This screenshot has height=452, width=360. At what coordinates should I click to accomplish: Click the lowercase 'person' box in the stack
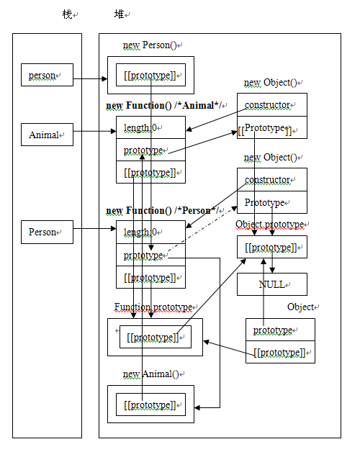(x=47, y=75)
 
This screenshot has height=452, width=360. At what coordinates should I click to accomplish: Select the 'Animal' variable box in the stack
(x=47, y=135)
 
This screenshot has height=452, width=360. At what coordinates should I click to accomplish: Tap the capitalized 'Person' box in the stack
(x=47, y=232)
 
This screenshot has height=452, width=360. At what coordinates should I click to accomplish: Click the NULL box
(x=271, y=284)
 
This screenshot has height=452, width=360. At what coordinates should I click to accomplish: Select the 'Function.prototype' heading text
(x=152, y=307)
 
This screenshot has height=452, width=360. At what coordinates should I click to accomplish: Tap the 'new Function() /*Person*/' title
(x=163, y=210)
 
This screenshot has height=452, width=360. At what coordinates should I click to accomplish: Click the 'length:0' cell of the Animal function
(x=150, y=128)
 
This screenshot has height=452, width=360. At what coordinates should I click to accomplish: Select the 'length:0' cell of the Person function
(x=150, y=232)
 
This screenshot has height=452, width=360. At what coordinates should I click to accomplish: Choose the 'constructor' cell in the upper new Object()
(x=271, y=105)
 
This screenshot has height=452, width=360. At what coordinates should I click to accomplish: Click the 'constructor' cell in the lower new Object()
(x=271, y=179)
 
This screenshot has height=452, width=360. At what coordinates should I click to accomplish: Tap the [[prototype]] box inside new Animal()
(x=150, y=405)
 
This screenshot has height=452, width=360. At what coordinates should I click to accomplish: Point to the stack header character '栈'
(x=67, y=14)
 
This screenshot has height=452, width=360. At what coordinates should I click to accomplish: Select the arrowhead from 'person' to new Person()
(x=104, y=79)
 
